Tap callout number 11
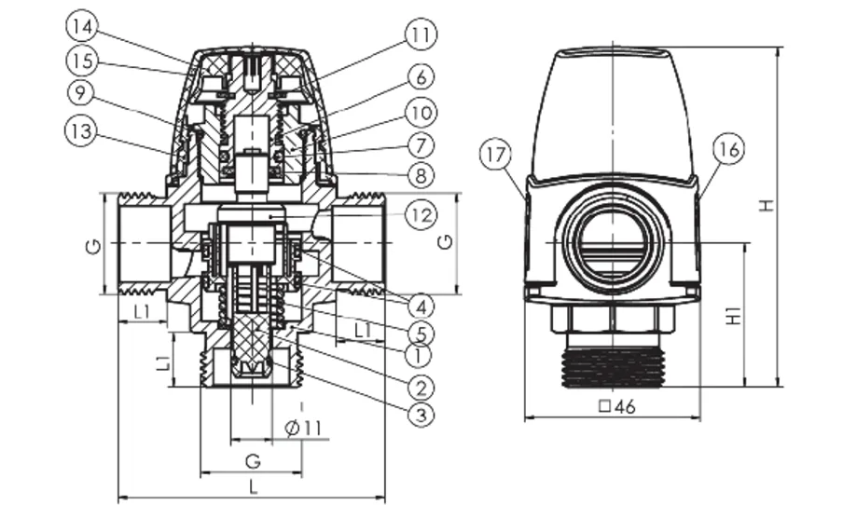point(420,35)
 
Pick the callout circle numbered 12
point(421,216)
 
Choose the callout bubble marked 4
point(421,306)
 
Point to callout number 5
point(421,331)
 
